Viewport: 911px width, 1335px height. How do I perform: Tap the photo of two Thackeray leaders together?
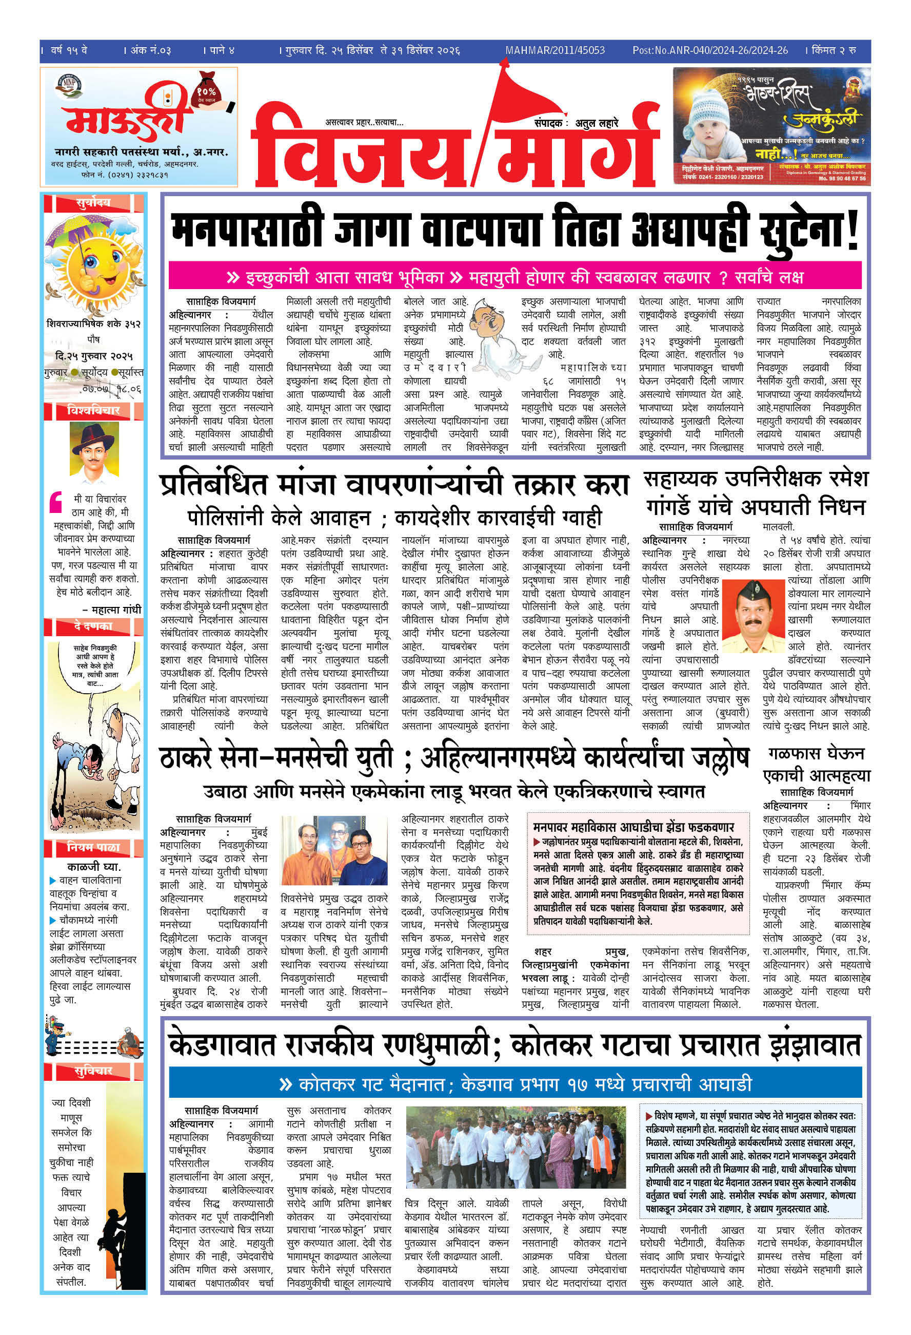click(334, 850)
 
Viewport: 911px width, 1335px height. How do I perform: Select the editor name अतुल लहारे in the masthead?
click(597, 123)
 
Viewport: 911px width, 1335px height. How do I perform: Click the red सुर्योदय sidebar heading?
click(93, 203)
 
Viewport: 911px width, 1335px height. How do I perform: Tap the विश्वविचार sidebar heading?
click(93, 410)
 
